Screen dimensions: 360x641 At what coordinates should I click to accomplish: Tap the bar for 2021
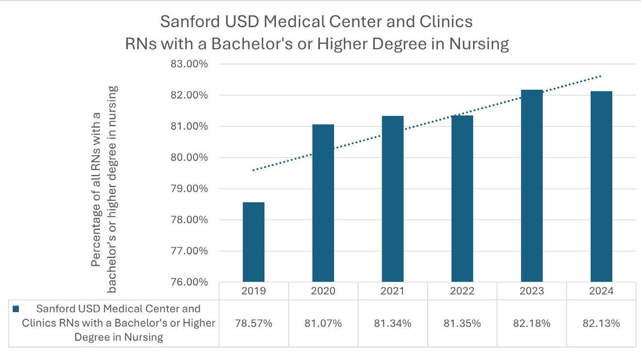coord(393,198)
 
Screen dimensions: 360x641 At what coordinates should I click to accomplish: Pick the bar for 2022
coord(462,198)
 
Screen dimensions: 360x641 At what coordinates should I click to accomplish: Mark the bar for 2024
coord(601,186)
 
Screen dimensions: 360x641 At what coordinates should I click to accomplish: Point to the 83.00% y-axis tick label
coord(190,64)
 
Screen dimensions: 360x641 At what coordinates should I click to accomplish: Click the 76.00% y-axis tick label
coord(190,282)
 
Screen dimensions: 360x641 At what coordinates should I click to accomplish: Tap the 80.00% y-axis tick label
coord(190,158)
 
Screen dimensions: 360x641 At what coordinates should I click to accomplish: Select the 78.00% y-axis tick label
coord(190,220)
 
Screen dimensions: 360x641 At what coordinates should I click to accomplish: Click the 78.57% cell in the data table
coord(254,323)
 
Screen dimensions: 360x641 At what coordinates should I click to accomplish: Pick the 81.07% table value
coord(323,323)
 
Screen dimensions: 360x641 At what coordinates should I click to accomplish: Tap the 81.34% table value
coord(393,323)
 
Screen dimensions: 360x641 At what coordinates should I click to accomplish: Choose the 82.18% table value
coord(532,323)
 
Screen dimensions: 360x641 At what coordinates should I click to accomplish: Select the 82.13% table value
coord(601,323)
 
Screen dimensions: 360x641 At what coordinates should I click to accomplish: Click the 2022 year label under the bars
coord(462,291)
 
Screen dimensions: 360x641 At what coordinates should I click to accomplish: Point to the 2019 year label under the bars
coord(254,291)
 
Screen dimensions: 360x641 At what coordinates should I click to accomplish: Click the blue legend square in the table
coord(16,309)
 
